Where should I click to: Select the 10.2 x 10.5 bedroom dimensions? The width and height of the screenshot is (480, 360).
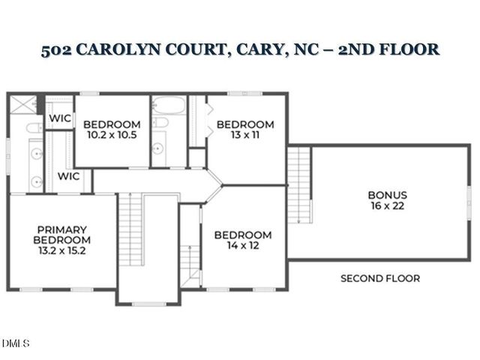point(112,135)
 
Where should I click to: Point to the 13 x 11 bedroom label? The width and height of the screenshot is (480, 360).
point(245,135)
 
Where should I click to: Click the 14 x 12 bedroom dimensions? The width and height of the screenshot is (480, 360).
point(244,245)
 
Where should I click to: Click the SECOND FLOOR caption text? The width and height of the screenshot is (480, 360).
point(380,278)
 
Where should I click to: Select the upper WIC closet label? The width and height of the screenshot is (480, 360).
point(60,118)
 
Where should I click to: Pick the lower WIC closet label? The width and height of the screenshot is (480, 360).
point(69,176)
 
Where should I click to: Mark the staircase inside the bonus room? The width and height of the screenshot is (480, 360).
point(299,184)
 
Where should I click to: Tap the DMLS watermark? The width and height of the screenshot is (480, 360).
point(15,343)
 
